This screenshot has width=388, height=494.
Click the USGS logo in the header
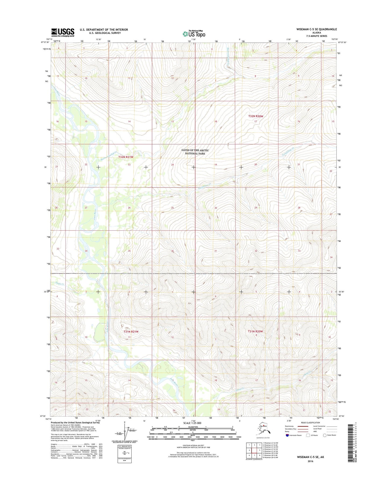click(63, 32)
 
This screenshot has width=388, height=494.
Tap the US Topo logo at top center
click(194, 34)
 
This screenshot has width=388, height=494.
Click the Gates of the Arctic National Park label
click(195, 152)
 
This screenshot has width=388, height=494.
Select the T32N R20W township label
click(256, 116)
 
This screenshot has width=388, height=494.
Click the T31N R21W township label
click(131, 331)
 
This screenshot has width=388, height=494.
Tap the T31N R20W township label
click(255, 331)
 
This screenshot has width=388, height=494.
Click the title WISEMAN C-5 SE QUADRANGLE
click(317, 29)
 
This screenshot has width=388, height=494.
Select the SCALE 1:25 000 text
click(192, 423)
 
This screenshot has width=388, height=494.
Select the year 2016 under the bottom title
click(310, 461)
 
